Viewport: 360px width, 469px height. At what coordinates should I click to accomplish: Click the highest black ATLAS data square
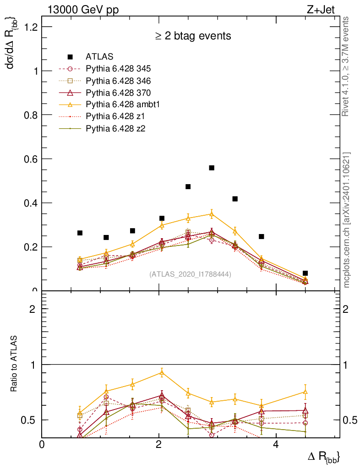pyautogui.click(x=212, y=168)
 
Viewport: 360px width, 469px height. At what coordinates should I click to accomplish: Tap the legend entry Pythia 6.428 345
pyautogui.click(x=118, y=69)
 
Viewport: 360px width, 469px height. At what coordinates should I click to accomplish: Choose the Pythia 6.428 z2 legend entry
pyautogui.click(x=117, y=128)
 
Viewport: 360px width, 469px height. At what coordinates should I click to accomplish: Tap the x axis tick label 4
pyautogui.click(x=276, y=445)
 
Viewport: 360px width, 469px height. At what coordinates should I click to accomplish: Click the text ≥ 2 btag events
pyautogui.click(x=192, y=36)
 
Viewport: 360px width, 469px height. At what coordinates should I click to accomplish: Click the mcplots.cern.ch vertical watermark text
pyautogui.click(x=347, y=220)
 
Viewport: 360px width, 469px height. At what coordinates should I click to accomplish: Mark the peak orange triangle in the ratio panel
pyautogui.click(x=161, y=372)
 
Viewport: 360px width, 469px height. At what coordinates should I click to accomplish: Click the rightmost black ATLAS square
pyautogui.click(x=305, y=273)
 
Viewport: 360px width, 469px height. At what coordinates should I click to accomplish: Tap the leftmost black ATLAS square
pyautogui.click(x=80, y=233)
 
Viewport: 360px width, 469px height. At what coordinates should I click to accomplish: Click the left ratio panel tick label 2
pyautogui.click(x=32, y=309)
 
